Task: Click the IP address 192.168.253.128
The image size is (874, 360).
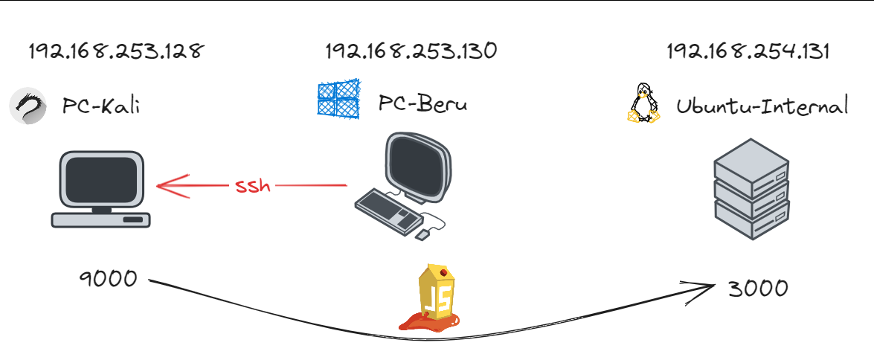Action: [x=115, y=51]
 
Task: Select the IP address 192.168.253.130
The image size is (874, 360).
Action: [x=411, y=51]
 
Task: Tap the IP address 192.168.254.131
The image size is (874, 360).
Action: [x=748, y=51]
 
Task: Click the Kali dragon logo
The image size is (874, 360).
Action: [x=28, y=106]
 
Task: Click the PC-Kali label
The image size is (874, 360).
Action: [x=101, y=106]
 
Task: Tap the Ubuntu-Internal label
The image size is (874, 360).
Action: [x=762, y=106]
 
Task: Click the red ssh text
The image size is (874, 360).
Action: [x=253, y=185]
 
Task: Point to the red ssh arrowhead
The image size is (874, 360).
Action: [x=165, y=185]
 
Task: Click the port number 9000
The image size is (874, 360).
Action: [x=109, y=279]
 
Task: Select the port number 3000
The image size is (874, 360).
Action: [x=757, y=288]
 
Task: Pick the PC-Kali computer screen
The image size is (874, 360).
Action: [x=102, y=179]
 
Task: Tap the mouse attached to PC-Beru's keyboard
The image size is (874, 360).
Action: [x=422, y=234]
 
